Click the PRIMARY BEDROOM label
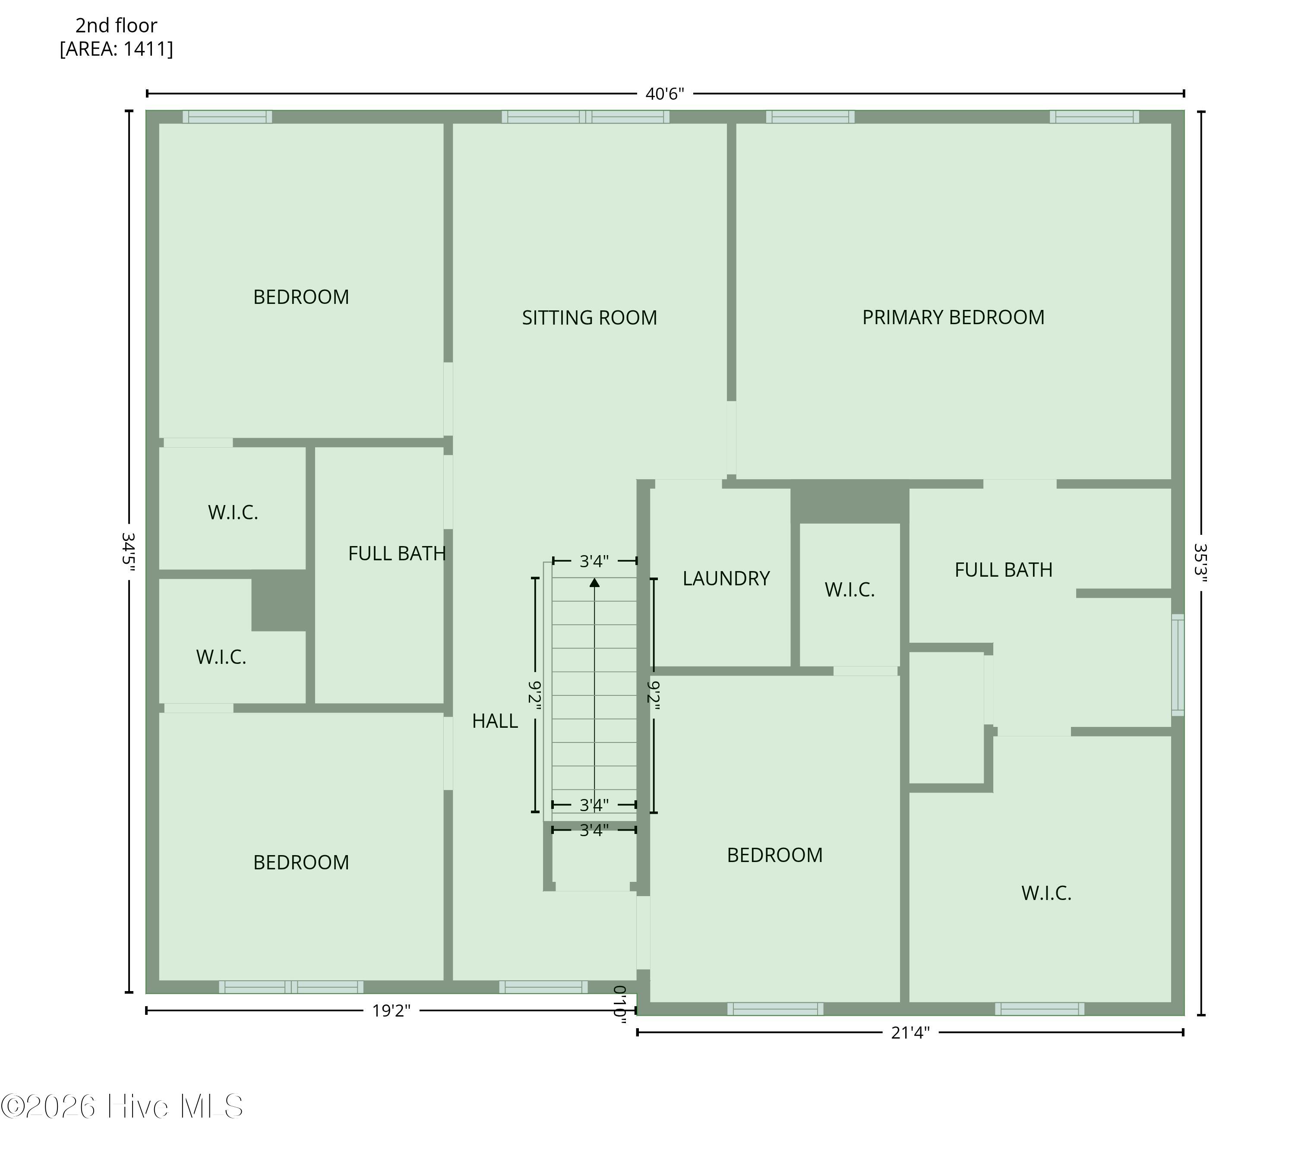953,317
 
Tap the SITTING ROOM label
590,318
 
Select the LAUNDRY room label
726,578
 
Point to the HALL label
495,721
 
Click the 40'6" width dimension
665,94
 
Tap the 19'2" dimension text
392,1011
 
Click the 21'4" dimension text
910,1032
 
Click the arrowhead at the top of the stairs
595,582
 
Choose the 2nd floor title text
117,25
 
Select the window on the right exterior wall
1178,665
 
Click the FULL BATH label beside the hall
397,553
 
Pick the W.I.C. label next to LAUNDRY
850,590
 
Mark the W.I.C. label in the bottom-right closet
1047,893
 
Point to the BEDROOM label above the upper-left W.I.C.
301,297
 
